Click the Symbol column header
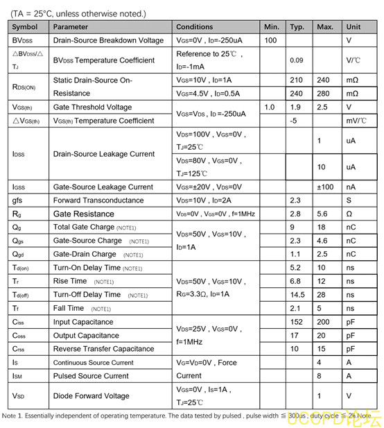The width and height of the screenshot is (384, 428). tap(25, 27)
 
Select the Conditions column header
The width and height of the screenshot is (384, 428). tap(195, 27)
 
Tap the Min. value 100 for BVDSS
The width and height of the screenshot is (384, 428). tap(271, 40)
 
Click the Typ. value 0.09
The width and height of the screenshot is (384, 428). tap(296, 60)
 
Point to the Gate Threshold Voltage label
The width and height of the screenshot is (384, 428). tap(92, 108)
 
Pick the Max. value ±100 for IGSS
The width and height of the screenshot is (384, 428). tap(325, 187)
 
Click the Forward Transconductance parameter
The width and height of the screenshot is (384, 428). tap(98, 200)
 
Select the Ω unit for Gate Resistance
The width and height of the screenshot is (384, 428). tap(349, 214)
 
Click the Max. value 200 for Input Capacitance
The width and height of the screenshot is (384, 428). tap(322, 322)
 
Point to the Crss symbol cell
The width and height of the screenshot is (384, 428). tap(19, 349)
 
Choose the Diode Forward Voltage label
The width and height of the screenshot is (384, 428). tap(91, 396)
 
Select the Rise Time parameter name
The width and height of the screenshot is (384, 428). tap(70, 281)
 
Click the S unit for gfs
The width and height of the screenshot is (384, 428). tap(349, 200)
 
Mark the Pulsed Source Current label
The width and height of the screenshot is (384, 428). tap(91, 376)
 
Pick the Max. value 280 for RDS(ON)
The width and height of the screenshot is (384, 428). tap(323, 94)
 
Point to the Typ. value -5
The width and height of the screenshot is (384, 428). tap(293, 121)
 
